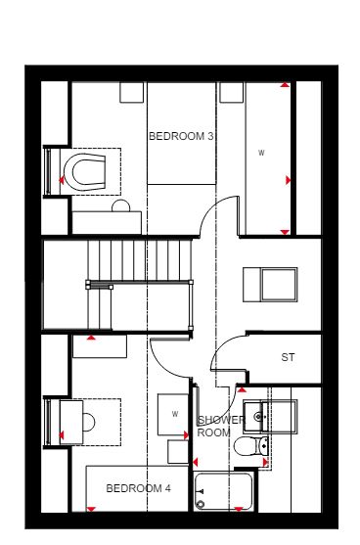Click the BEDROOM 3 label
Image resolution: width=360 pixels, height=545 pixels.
coord(181,136)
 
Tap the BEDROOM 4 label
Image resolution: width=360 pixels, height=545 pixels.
coord(138,488)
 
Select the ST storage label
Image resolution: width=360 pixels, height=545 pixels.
coord(288,357)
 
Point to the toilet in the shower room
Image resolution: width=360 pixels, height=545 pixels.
coord(250,446)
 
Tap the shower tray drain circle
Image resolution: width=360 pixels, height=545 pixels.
coord(201,504)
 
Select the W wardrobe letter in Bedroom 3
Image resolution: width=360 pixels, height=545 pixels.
coord(261,153)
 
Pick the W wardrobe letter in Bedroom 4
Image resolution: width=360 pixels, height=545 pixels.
coord(175,414)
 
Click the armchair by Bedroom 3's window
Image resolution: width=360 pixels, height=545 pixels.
coord(89,171)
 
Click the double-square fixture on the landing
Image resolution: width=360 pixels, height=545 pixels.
coord(270,285)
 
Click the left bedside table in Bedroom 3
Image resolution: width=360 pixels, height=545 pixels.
coord(132,92)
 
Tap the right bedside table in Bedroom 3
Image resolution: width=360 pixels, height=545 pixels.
coord(232,92)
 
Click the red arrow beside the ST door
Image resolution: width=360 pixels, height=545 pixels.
coord(242,389)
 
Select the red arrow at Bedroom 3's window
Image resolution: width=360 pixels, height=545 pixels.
coord(62,180)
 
